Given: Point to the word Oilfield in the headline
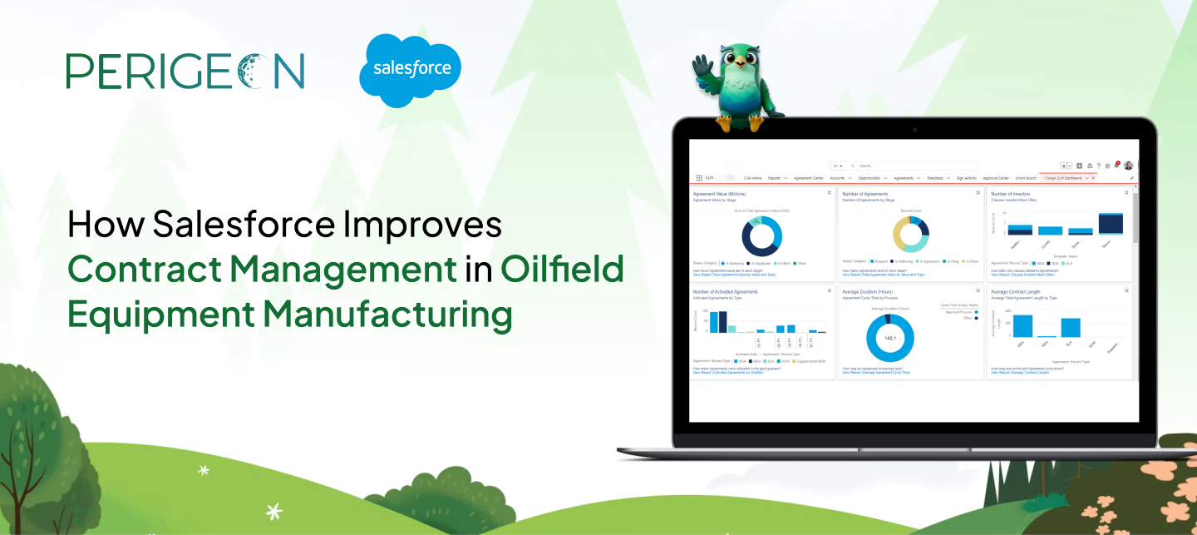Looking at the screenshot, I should [562, 270].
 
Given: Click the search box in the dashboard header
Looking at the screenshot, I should [914, 166].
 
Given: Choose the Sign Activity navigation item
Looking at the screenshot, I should [966, 178].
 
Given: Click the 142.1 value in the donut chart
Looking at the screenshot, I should [889, 339].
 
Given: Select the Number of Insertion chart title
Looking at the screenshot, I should [1010, 194].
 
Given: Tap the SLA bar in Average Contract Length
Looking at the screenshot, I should [1071, 327].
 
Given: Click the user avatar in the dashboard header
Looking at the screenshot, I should [1129, 166].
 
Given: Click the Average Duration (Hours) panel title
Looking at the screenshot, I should [869, 292].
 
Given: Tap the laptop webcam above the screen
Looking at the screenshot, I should [914, 130].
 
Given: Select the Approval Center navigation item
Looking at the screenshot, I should [996, 178].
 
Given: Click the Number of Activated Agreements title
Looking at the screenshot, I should [725, 292].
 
